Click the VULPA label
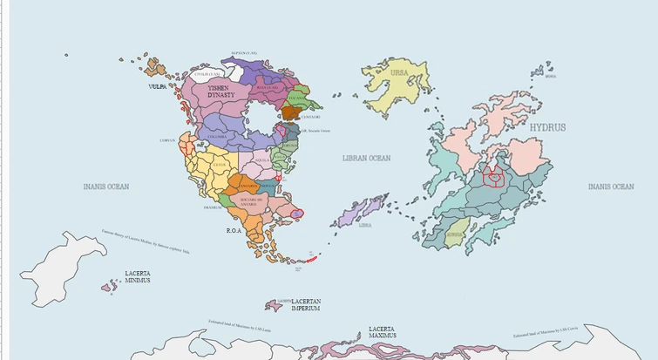click(158, 87)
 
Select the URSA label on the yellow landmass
click(399, 73)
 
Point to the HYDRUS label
click(547, 127)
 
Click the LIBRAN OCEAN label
click(366, 159)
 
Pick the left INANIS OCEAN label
click(105, 187)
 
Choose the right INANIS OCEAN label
click(610, 187)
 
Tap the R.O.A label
click(234, 231)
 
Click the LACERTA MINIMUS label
click(137, 276)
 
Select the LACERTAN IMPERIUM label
click(305, 304)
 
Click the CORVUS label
click(168, 140)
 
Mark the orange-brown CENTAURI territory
click(290, 112)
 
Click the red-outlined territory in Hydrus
click(494, 177)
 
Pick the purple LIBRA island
click(358, 214)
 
